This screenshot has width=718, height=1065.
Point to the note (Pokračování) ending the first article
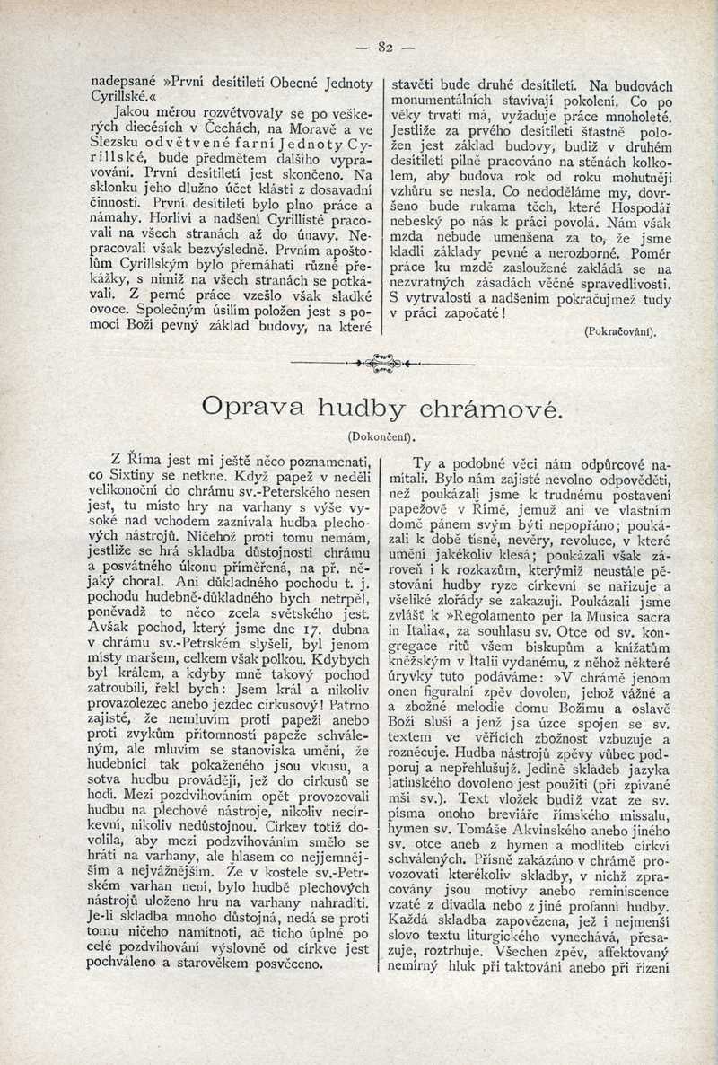coord(620,330)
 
